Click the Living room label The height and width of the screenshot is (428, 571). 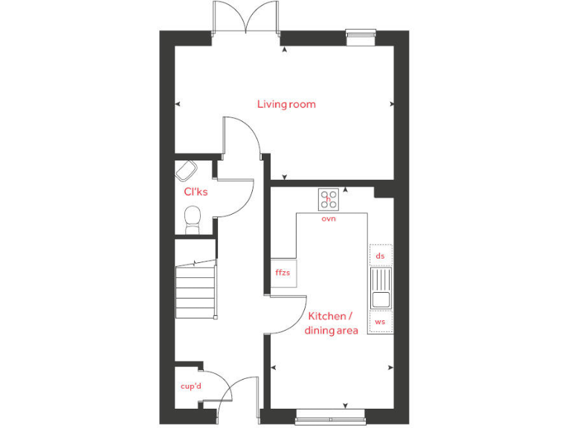tap(286, 104)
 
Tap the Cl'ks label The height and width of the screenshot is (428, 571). tap(196, 191)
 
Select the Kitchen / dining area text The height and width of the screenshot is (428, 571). tap(332, 323)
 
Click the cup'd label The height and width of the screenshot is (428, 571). tap(191, 386)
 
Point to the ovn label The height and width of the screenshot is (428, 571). tap(329, 219)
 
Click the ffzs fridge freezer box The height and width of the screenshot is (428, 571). tap(283, 273)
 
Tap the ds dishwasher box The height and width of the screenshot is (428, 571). tap(380, 256)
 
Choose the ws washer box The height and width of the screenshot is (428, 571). tap(380, 322)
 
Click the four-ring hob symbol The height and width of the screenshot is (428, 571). tap(329, 199)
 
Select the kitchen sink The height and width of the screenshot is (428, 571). tap(380, 288)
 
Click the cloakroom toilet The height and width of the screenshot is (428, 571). tap(193, 220)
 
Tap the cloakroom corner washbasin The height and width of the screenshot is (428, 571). tap(185, 172)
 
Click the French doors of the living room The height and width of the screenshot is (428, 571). tap(245, 16)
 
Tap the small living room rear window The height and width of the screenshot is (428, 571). tap(361, 33)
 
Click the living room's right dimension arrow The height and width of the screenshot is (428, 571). tap(393, 105)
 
